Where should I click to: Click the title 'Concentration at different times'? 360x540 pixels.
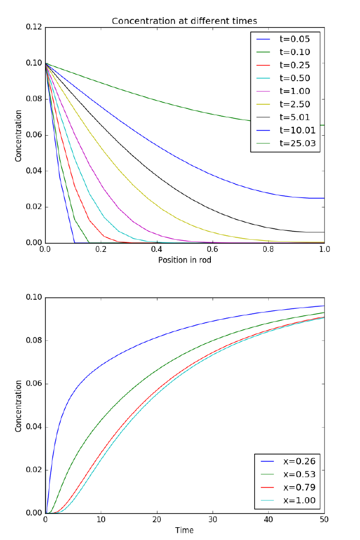point(184,21)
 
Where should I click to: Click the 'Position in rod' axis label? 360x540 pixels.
point(184,260)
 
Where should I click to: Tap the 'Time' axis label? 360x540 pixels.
point(184,530)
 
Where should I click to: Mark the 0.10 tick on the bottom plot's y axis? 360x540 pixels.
point(34,298)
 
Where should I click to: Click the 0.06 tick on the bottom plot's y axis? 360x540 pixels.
point(34,384)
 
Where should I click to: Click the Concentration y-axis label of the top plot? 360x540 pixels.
point(18,135)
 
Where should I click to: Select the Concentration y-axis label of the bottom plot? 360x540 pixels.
point(18,405)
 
